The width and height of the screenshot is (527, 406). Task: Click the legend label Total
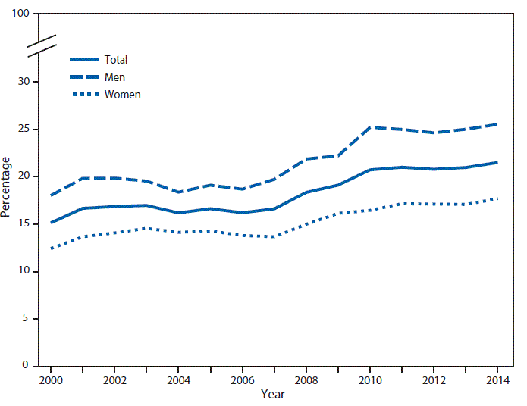click(x=116, y=60)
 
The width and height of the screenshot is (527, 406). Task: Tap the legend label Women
click(x=122, y=95)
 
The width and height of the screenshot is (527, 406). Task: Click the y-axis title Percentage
click(x=7, y=186)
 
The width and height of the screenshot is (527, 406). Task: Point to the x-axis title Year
click(x=273, y=395)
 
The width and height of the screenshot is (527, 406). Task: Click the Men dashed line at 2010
click(x=369, y=127)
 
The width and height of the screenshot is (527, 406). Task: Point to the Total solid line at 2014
click(x=497, y=162)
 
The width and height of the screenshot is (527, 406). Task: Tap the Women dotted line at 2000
click(x=50, y=248)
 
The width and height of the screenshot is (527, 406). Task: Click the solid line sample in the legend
click(x=84, y=60)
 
